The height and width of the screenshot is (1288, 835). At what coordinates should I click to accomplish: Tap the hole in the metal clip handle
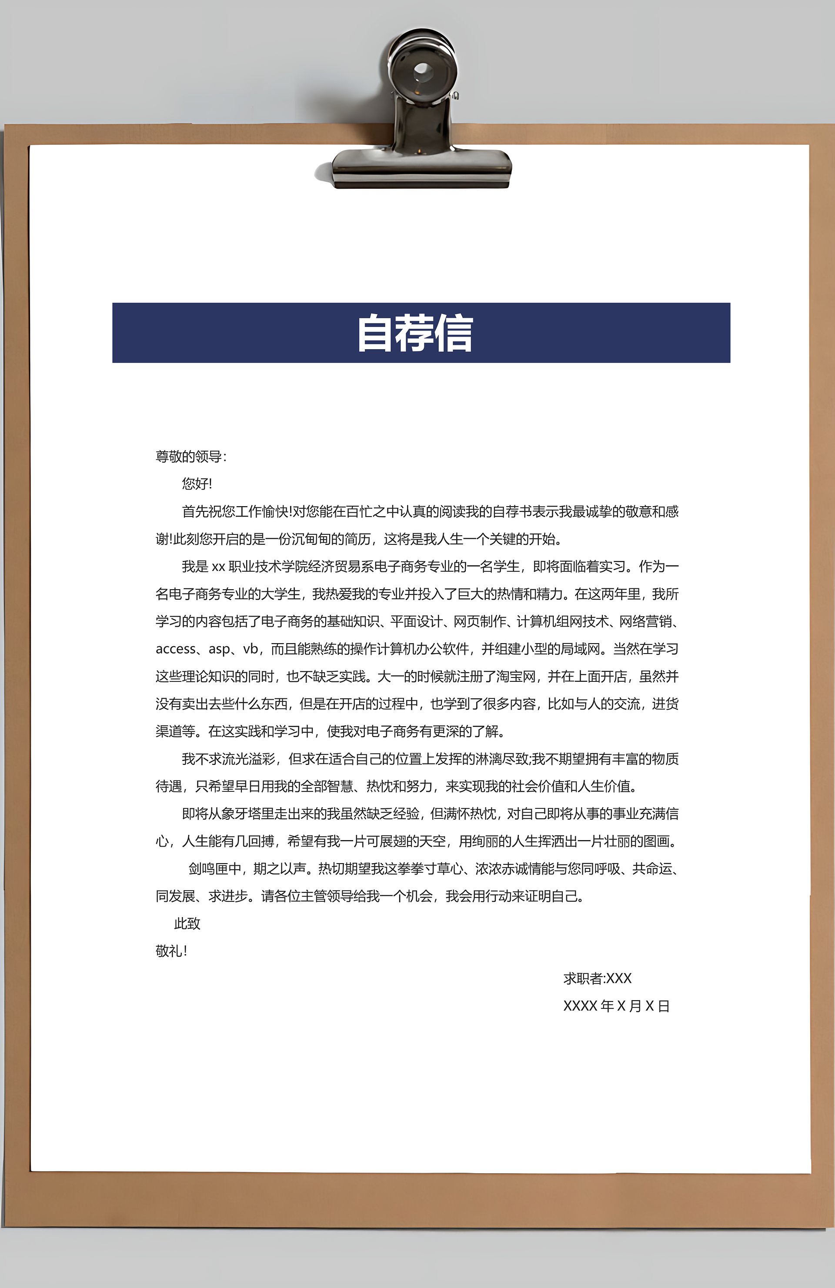422,70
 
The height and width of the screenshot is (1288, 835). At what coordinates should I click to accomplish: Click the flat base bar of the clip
421,166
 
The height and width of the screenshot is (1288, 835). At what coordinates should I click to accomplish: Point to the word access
175,649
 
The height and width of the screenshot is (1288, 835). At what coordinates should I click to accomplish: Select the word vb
250,649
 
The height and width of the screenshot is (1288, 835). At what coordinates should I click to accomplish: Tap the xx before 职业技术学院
218,567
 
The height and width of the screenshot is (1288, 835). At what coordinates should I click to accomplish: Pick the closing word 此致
187,924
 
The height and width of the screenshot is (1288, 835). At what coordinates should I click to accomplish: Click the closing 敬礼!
171,951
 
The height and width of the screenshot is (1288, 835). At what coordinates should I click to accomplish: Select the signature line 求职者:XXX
598,978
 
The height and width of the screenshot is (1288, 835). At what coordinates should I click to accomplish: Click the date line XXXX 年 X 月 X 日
616,1006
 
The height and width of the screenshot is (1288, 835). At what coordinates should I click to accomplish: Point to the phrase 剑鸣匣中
215,868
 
